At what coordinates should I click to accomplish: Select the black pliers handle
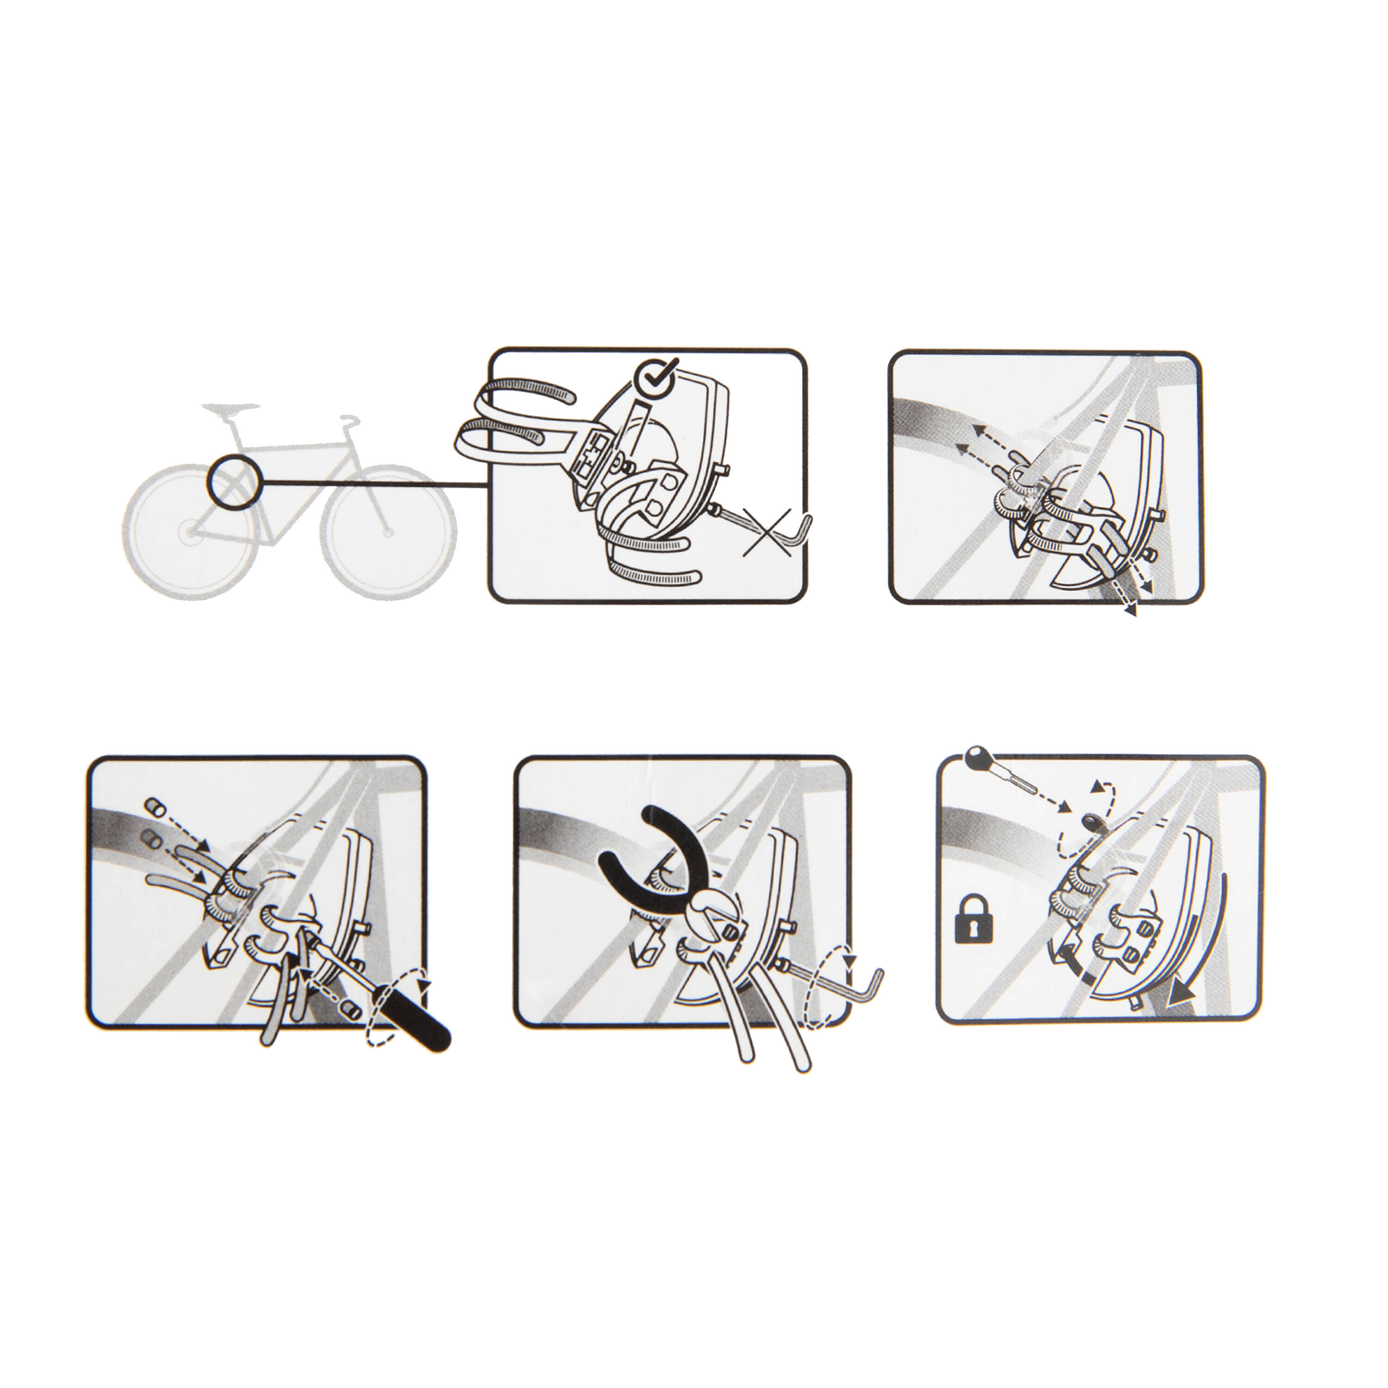click(x=632, y=852)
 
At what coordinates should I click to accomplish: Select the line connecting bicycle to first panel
click(x=373, y=482)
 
